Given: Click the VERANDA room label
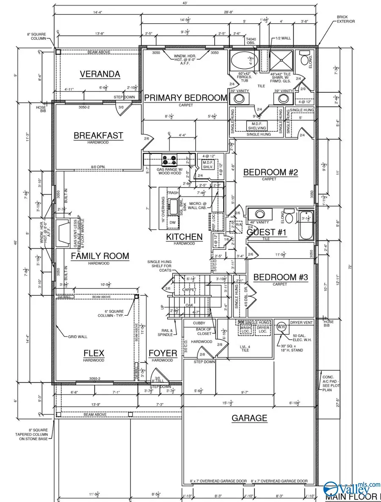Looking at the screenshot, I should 100,74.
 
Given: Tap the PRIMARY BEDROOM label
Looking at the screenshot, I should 186,98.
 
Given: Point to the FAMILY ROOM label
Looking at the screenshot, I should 99,256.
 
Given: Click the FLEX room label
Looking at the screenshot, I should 94,353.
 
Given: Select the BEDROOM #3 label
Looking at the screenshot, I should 275,277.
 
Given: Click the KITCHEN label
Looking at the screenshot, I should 184,237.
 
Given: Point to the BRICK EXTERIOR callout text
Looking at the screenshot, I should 345,19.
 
